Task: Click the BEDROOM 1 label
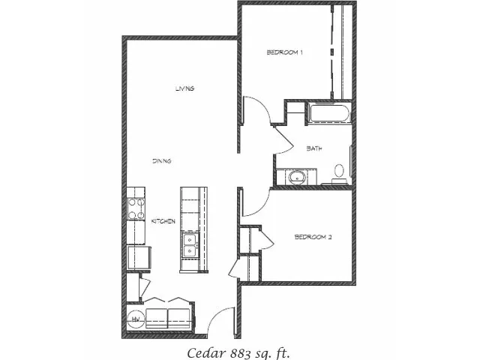click(x=285, y=52)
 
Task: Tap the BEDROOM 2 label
click(x=313, y=237)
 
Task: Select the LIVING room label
click(x=185, y=88)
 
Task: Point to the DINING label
click(x=162, y=161)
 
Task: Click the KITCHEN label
click(x=163, y=221)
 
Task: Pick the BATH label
click(x=314, y=148)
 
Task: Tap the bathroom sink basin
click(x=297, y=178)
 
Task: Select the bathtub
click(x=329, y=113)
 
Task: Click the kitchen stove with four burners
click(x=136, y=208)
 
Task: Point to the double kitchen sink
click(x=190, y=245)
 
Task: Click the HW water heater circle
click(x=136, y=319)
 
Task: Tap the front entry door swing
click(x=221, y=321)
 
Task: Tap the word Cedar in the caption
click(x=207, y=353)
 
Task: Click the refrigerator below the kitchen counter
click(x=139, y=258)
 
